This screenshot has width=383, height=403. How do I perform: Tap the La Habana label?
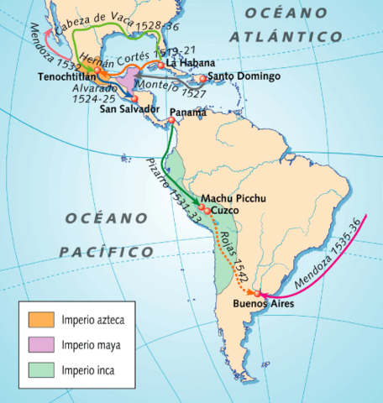(191, 63)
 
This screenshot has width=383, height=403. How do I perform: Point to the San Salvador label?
(129, 108)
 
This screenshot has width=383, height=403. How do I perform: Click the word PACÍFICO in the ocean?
(107, 252)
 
